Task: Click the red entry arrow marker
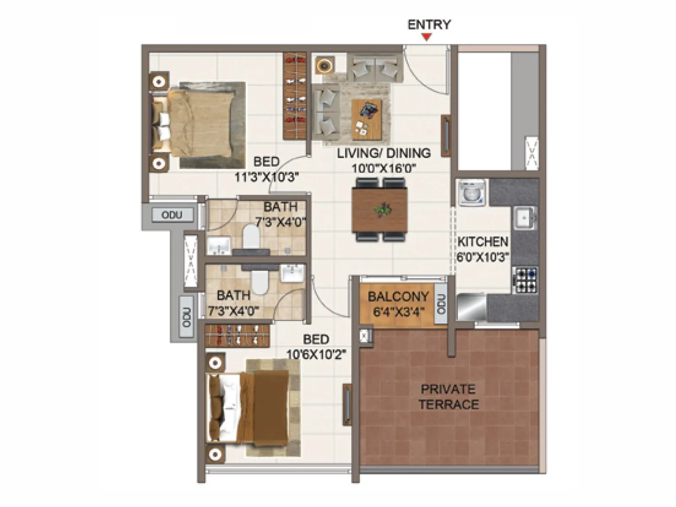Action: pos(427,37)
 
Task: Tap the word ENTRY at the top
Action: pos(429,25)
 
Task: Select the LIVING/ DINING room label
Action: pos(384,153)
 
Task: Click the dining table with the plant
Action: pos(379,210)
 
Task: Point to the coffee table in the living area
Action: pos(366,119)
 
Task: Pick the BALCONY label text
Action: pos(398,297)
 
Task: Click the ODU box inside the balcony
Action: pos(441,304)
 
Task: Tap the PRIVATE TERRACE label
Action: pos(449,396)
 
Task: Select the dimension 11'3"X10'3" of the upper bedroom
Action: pos(267,177)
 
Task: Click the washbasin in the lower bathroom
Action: pos(292,273)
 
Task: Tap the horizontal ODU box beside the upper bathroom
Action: pos(172,215)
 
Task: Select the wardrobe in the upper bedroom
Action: pos(294,95)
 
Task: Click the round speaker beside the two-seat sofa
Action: pos(324,65)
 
